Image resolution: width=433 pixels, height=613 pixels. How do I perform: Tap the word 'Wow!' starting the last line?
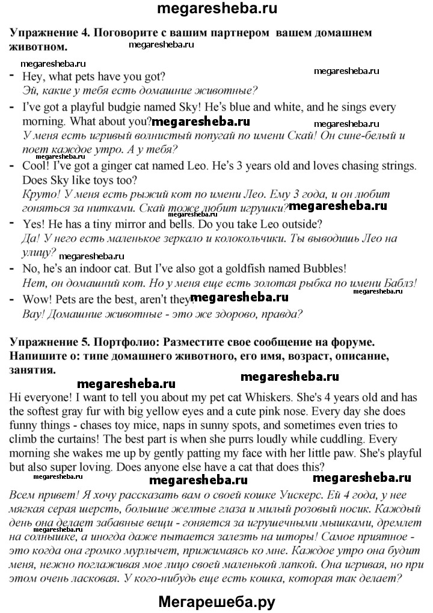[x=35, y=298]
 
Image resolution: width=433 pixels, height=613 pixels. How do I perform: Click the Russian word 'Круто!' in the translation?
[x=38, y=194]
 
